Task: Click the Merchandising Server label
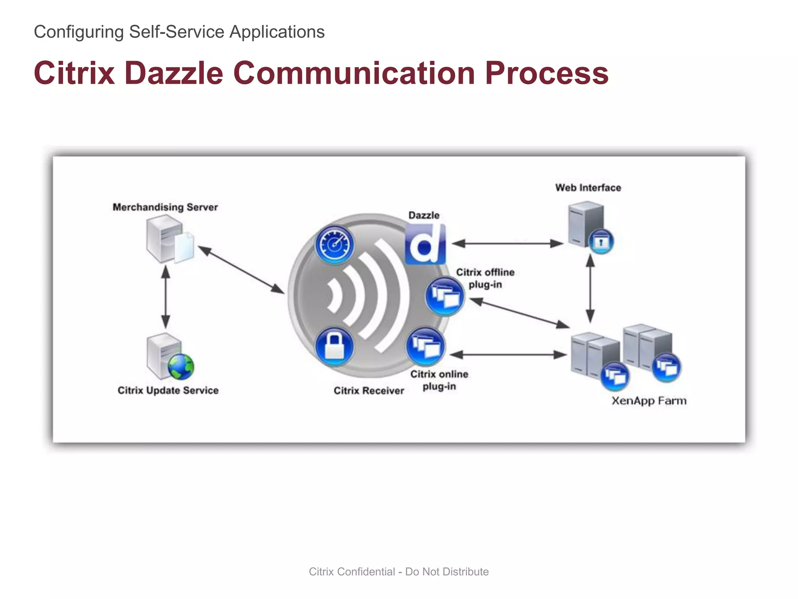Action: (x=165, y=207)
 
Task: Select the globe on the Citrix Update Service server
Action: (x=181, y=367)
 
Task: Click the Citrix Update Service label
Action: (x=168, y=390)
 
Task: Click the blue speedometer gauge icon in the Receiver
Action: (x=334, y=245)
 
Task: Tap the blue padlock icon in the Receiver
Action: (x=334, y=346)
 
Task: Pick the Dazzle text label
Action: (x=424, y=215)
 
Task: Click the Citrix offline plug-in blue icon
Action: (x=444, y=296)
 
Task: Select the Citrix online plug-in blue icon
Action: (x=425, y=346)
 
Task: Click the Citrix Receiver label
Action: (x=369, y=391)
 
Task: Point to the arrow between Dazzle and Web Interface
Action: (x=507, y=244)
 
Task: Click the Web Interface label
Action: (x=588, y=188)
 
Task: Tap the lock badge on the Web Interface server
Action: (x=601, y=242)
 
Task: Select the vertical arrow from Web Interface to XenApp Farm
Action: (x=590, y=288)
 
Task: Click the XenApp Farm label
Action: (x=649, y=401)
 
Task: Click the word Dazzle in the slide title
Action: (x=173, y=73)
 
